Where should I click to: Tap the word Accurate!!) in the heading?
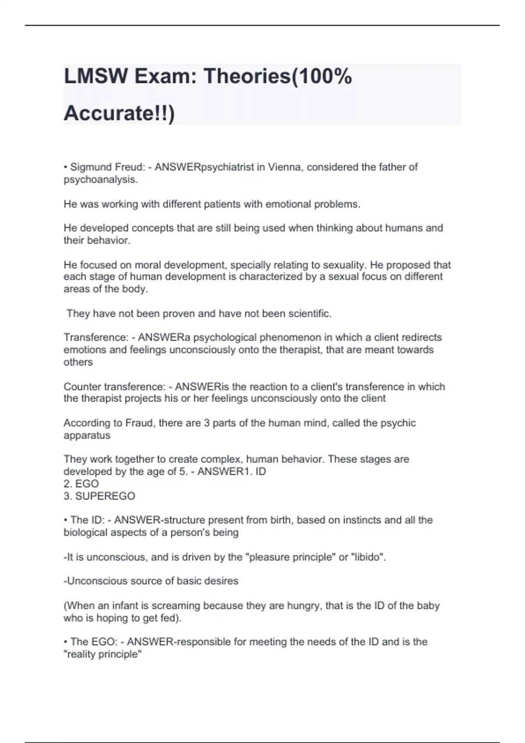coord(119,113)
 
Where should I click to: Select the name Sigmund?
coord(91,167)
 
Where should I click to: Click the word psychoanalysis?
coord(100,180)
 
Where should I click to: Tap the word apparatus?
coord(87,435)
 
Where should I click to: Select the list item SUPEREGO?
coord(105,496)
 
